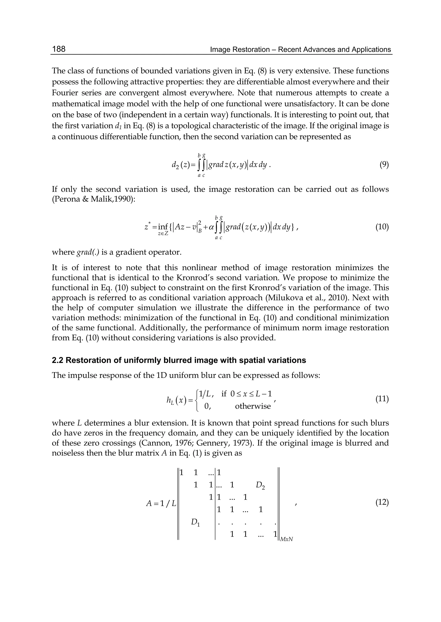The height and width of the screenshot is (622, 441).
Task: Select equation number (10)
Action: click(x=382, y=227)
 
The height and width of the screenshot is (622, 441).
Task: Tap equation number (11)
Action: click(x=382, y=399)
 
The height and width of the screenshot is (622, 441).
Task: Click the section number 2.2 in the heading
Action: click(x=58, y=360)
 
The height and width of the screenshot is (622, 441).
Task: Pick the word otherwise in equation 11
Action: click(x=253, y=406)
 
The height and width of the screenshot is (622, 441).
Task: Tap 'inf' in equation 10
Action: click(x=163, y=226)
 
